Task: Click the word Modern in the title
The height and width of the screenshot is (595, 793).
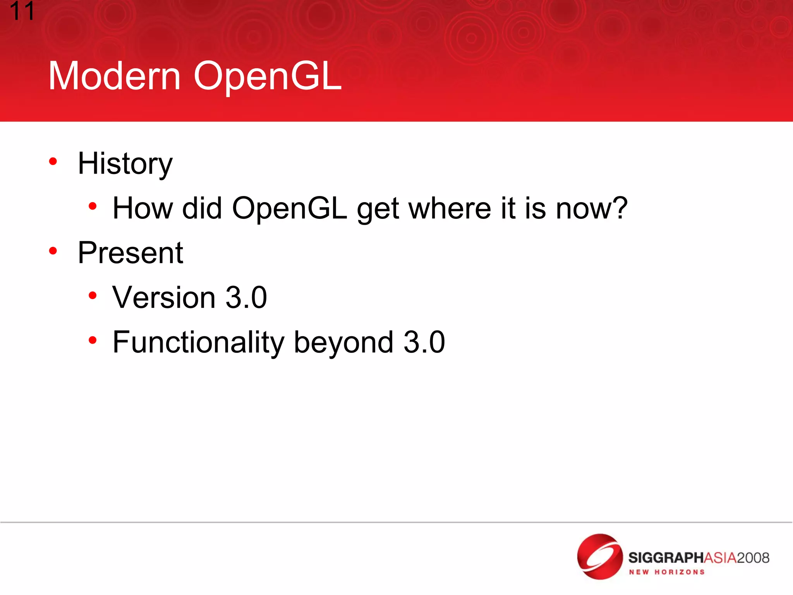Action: pos(114,76)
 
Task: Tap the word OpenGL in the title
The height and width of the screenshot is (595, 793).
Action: pos(267,76)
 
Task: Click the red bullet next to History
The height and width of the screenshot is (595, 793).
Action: pos(53,161)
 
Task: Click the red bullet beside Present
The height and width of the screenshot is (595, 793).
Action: pos(53,251)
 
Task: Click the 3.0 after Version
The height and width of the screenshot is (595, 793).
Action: pos(246,298)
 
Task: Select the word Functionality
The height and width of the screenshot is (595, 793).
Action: pos(198,342)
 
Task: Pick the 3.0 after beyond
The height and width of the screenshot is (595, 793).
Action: pos(424,342)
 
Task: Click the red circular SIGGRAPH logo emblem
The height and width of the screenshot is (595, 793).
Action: pos(599,557)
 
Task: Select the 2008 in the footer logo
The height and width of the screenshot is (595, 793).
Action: pos(753,558)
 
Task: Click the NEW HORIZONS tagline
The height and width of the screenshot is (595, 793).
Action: pos(666,572)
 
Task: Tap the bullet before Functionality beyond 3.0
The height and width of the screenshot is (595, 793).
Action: pos(92,340)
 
